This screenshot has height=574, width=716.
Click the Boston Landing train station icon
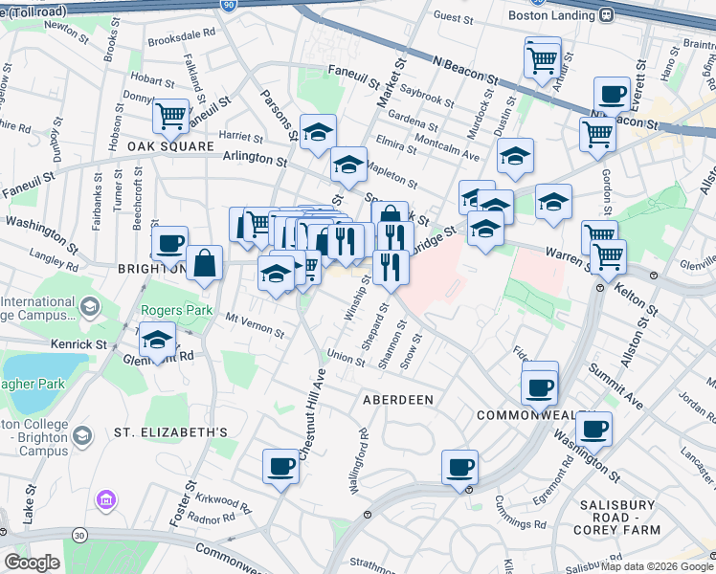[x=606, y=14]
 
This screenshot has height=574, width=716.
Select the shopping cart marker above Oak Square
[x=170, y=116]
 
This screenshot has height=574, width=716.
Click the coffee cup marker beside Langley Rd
[x=169, y=243]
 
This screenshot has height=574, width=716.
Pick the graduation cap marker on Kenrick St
[x=158, y=341]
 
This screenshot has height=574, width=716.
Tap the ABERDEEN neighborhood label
[x=397, y=399]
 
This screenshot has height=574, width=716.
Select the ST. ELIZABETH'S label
[x=170, y=432]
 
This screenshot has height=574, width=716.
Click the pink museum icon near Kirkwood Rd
[x=105, y=499]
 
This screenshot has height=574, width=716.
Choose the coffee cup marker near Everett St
[x=612, y=95]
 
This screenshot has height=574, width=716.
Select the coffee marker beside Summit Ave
[x=593, y=429]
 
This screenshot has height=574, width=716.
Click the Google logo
[x=32, y=563]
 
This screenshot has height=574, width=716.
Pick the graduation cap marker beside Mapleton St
[x=348, y=164]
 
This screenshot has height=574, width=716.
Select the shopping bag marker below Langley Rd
[x=204, y=262]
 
